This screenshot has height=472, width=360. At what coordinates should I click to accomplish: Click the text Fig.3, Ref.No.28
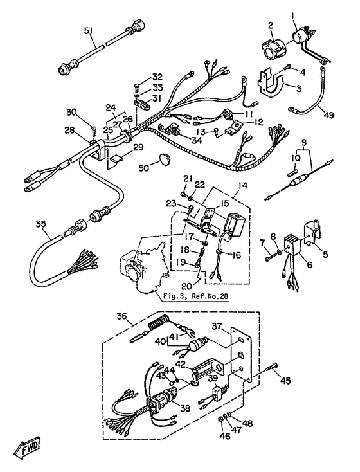click(195, 296)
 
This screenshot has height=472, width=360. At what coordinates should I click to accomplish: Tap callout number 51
click(89, 30)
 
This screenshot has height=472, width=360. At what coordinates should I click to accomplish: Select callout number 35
click(40, 224)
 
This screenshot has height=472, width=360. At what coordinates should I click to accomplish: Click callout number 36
click(122, 316)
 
